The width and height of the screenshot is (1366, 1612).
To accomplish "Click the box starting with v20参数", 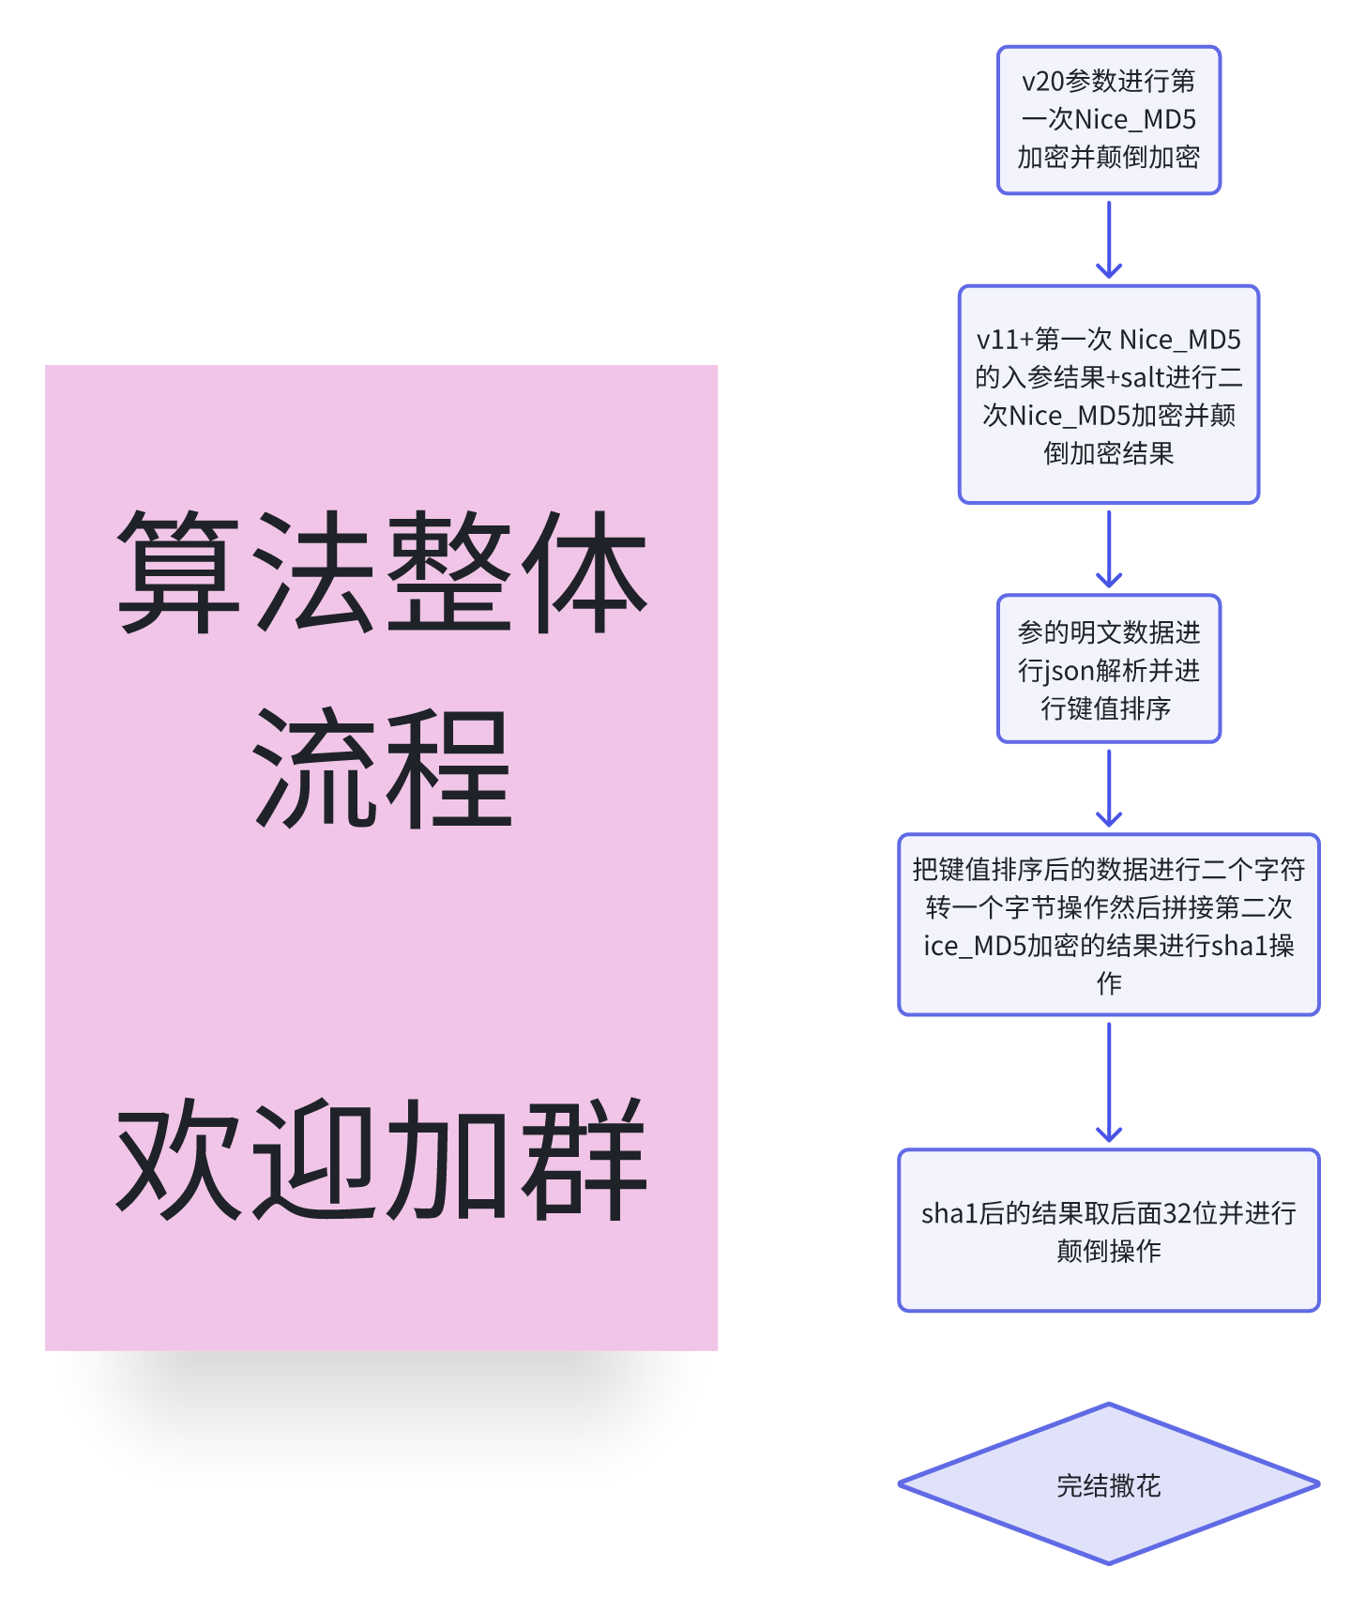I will [1108, 120].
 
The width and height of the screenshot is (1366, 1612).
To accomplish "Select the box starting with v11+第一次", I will [1108, 394].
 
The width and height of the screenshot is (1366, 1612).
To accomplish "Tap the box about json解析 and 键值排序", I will [1108, 669].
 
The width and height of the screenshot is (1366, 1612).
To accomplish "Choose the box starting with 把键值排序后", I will [1108, 924].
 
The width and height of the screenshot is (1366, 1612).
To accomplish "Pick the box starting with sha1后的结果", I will [1108, 1230].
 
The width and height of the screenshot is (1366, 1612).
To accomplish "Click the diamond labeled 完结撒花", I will [1108, 1484].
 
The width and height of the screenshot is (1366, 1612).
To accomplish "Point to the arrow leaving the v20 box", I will [1109, 239].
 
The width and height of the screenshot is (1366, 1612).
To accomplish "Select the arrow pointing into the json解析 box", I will [1109, 549].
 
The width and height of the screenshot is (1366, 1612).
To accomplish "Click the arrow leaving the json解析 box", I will [1109, 788].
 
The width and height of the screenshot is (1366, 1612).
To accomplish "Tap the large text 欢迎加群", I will [382, 1160].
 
